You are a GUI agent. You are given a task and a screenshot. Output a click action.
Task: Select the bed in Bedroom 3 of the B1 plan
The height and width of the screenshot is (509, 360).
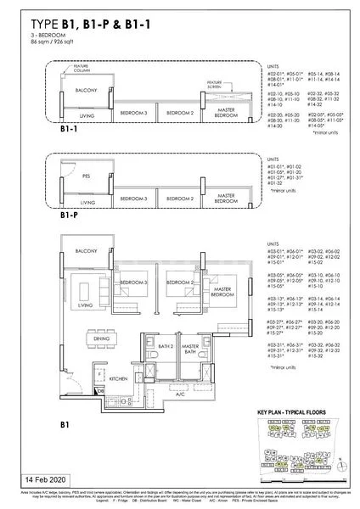130,282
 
